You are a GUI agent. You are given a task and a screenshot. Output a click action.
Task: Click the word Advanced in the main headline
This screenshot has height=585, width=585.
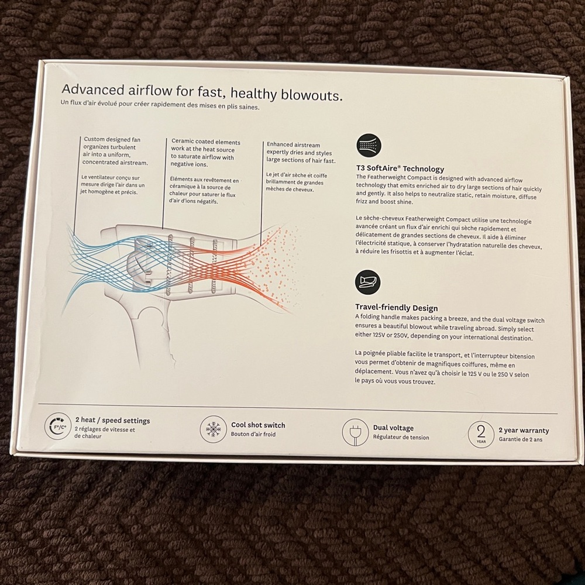(93, 90)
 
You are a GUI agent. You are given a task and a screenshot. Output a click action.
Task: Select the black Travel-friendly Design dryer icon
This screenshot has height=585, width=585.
(368, 283)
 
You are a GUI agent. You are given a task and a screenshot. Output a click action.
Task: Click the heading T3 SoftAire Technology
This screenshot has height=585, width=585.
(400, 168)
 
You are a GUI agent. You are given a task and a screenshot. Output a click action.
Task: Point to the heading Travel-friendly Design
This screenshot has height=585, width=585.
(396, 308)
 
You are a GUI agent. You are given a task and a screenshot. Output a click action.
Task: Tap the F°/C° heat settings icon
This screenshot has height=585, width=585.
(58, 426)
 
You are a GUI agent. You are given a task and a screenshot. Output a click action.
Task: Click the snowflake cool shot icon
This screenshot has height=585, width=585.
(213, 429)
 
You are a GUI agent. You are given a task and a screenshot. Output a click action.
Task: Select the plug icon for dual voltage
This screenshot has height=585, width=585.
(355, 432)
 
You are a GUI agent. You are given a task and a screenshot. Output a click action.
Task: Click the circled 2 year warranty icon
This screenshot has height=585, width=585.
(481, 435)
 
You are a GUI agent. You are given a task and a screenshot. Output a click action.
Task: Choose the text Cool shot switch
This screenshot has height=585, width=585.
(258, 425)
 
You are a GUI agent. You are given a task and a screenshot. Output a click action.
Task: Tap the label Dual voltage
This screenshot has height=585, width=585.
(393, 428)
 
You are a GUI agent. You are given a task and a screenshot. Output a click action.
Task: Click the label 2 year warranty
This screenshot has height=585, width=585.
(524, 431)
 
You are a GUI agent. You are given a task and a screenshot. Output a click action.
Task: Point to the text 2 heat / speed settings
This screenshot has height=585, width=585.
(113, 421)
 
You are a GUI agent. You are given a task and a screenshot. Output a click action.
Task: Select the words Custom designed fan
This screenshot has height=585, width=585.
(112, 140)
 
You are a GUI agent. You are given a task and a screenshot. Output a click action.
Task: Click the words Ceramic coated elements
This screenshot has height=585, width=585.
(205, 142)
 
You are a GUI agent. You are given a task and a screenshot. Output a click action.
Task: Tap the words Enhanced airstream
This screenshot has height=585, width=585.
(293, 144)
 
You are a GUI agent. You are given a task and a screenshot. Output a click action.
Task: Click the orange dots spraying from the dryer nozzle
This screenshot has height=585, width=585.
(278, 261)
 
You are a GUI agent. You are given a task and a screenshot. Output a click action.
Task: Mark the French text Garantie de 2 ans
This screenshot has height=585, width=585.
(521, 439)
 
